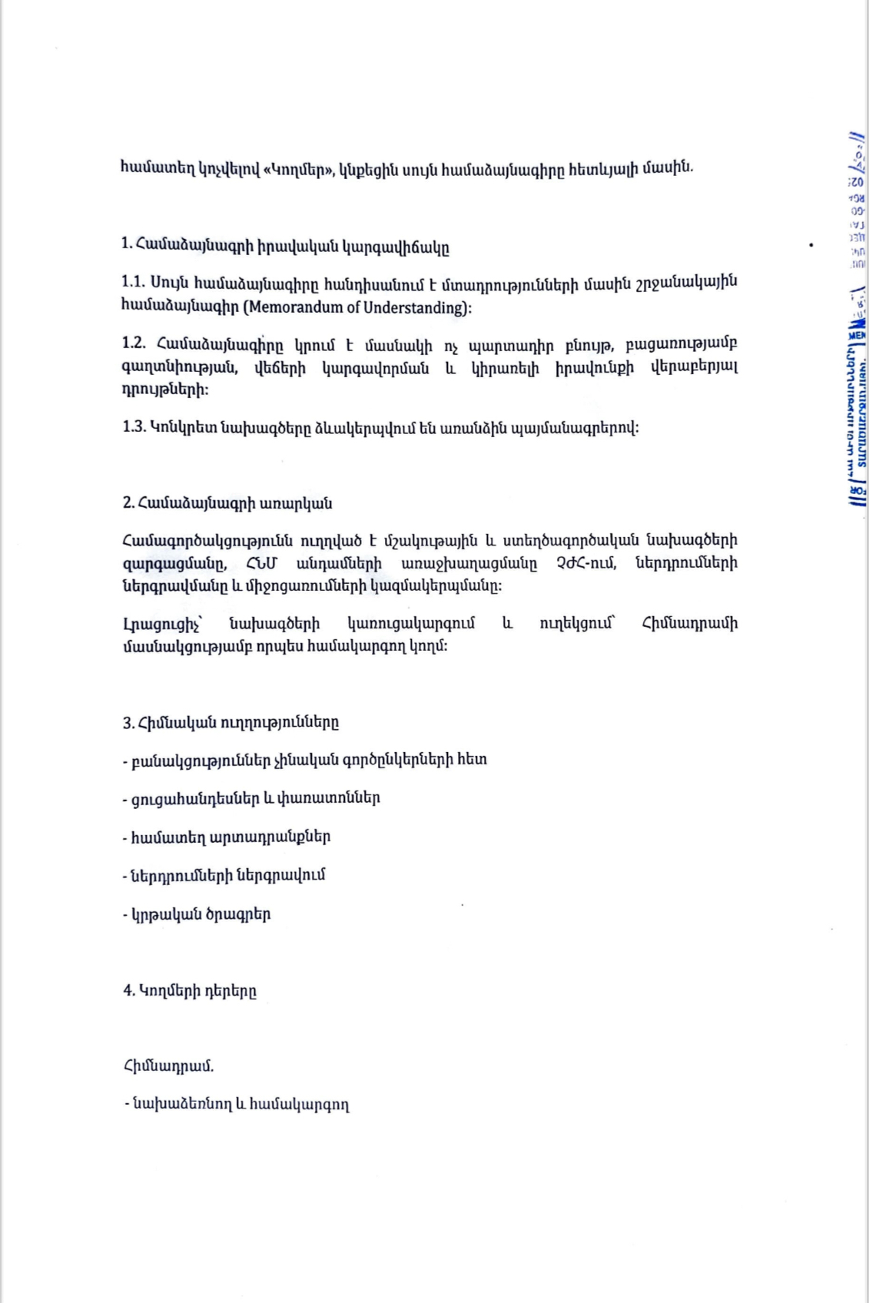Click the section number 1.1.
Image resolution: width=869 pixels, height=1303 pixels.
133,282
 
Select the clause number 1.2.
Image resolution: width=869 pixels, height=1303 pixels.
133,343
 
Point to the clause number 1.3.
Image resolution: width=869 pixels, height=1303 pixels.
134,427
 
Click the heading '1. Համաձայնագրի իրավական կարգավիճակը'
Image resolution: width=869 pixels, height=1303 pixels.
285,247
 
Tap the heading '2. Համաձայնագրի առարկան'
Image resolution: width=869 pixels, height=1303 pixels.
227,503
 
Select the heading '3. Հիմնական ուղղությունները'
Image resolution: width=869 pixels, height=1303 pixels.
231,722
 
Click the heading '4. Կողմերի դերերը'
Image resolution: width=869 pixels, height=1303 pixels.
190,990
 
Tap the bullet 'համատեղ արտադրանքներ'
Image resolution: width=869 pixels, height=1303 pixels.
227,837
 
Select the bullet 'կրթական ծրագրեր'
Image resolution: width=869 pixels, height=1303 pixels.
197,914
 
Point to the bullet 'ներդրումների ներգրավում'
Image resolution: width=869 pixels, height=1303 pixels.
224,875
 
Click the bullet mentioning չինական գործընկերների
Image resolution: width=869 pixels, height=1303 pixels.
305,760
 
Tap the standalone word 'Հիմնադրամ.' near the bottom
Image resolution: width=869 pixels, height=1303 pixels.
168,1066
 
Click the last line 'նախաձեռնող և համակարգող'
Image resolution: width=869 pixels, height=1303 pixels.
237,1105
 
